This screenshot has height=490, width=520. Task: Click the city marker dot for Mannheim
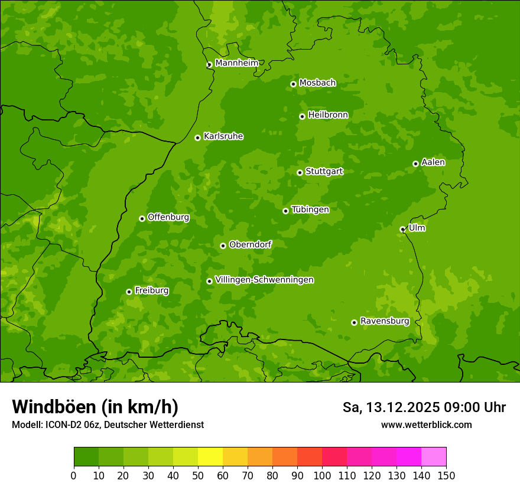pyautogui.click(x=209, y=65)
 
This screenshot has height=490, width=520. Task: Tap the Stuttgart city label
pyautogui.click(x=324, y=171)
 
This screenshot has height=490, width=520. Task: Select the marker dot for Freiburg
pyautogui.click(x=129, y=292)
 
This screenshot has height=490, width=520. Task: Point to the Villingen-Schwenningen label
pyautogui.click(x=264, y=280)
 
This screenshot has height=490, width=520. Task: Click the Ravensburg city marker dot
pyautogui.click(x=354, y=322)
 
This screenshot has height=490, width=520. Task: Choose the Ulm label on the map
pyautogui.click(x=417, y=228)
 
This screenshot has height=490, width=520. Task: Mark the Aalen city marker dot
pyautogui.click(x=415, y=164)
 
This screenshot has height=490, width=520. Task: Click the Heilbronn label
pyautogui.click(x=328, y=115)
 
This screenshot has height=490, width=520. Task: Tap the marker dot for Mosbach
pyautogui.click(x=293, y=84)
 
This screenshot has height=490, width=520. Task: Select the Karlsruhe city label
pyautogui.click(x=223, y=136)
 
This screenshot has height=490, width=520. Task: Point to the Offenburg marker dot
pyautogui.click(x=142, y=218)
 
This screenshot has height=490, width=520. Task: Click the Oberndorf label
pyautogui.click(x=250, y=244)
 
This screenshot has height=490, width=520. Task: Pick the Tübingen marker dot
pyautogui.click(x=285, y=211)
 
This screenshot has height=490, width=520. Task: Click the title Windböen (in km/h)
pyautogui.click(x=95, y=407)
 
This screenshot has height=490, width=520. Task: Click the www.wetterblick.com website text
pyautogui.click(x=426, y=424)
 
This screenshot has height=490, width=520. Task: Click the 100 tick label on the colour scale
pyautogui.click(x=322, y=475)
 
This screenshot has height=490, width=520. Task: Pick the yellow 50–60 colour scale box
pyautogui.click(x=210, y=457)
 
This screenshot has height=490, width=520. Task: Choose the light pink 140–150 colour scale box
pyautogui.click(x=434, y=457)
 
